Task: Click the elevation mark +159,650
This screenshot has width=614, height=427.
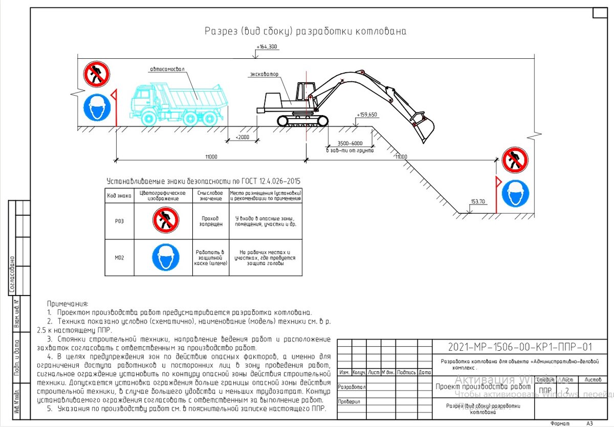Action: tap(367, 115)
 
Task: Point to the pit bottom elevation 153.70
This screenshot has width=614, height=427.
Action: tap(478, 202)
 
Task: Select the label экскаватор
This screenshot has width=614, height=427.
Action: tap(265, 74)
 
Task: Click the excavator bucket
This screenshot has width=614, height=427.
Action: tap(423, 129)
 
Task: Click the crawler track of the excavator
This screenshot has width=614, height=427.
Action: tap(302, 121)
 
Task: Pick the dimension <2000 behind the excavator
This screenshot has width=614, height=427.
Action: tap(243, 138)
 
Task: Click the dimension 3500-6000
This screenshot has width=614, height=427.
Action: tap(350, 144)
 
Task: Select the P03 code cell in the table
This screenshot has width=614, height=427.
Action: tap(119, 221)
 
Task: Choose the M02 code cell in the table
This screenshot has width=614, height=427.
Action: tap(119, 257)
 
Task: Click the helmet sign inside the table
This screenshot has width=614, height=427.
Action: tap(166, 257)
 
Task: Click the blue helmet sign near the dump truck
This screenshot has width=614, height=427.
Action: tap(97, 107)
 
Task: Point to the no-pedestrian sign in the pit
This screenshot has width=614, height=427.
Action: tap(515, 160)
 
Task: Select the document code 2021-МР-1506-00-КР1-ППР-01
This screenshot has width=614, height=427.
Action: tap(520, 347)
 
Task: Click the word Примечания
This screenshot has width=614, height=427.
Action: tap(68, 303)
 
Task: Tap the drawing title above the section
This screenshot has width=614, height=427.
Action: tap(305, 31)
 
